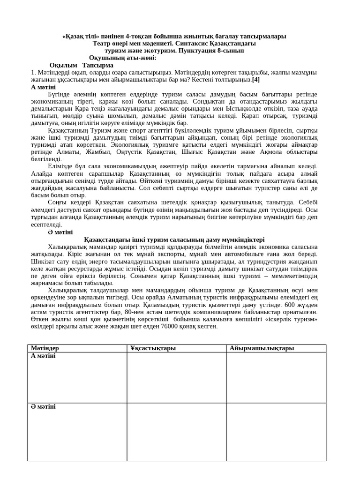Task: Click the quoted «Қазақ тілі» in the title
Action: coord(80,36)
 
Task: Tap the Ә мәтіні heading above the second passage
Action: coord(60,232)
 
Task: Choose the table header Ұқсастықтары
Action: coord(153,348)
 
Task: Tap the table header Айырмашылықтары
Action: coord(262,348)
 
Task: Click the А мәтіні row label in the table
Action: coord(43,356)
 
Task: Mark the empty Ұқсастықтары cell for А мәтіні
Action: coord(176,377)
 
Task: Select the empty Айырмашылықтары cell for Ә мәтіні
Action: coord(276,431)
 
